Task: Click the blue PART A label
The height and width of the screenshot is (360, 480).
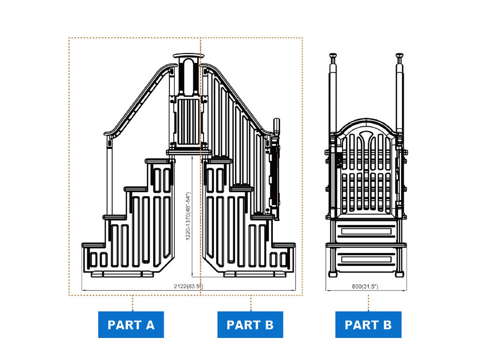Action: [131, 324]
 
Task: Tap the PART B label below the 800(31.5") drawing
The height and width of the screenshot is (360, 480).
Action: [368, 324]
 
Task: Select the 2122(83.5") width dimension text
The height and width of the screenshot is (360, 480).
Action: [188, 286]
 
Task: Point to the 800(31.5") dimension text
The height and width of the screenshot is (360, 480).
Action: [365, 286]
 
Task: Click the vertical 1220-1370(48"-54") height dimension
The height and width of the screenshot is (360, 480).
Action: [188, 216]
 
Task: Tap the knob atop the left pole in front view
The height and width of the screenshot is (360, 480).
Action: [333, 56]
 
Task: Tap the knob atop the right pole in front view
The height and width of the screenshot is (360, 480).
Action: [399, 56]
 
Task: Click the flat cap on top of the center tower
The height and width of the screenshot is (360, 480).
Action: [188, 56]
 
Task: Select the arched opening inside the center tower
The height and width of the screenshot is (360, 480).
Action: [188, 76]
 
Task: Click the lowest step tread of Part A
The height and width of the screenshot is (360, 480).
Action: [93, 245]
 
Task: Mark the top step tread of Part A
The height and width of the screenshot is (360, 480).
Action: [158, 161]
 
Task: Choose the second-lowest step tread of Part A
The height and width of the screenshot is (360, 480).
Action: [114, 217]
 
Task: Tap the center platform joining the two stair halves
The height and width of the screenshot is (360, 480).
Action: [188, 152]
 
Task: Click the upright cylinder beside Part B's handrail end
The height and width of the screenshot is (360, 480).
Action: [276, 126]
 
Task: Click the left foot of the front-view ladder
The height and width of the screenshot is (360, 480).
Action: [333, 274]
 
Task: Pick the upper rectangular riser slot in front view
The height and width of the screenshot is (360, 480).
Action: [366, 231]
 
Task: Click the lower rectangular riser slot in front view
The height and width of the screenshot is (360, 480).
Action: [366, 259]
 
